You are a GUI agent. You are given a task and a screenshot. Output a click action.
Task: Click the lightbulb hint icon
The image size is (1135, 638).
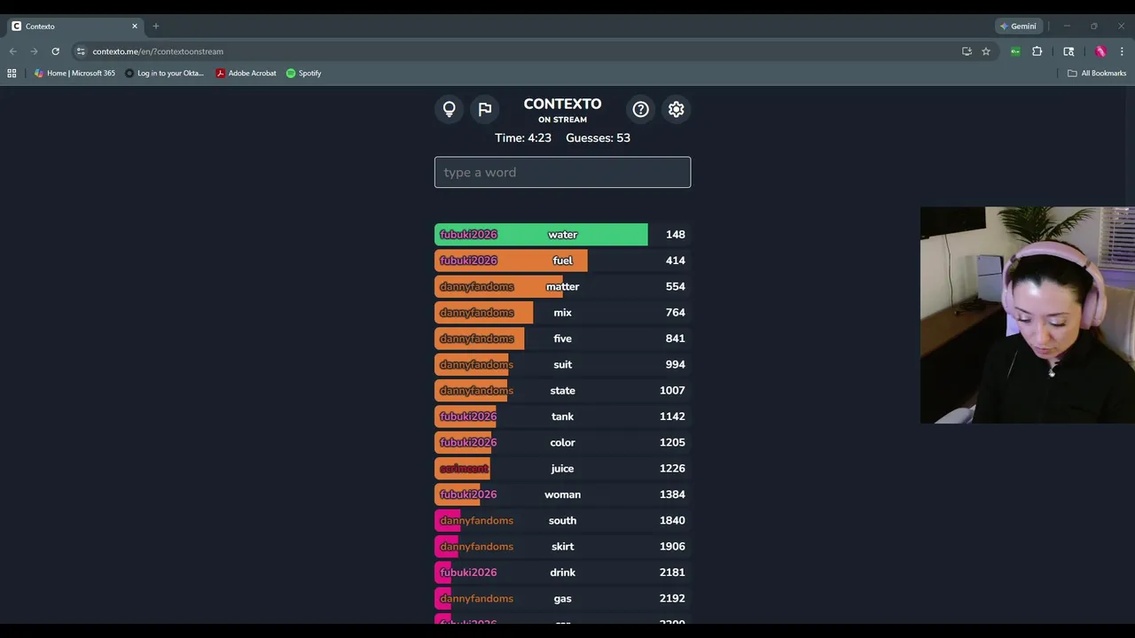[450, 109]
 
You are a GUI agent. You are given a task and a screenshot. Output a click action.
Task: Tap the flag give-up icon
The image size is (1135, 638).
[485, 109]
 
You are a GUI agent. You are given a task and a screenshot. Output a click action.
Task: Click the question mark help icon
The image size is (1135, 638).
[640, 109]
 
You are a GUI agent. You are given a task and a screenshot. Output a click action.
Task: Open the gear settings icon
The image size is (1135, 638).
[677, 109]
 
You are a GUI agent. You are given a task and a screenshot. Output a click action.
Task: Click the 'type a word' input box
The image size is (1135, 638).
[562, 172]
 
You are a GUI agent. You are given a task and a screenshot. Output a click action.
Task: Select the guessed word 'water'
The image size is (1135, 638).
[562, 235]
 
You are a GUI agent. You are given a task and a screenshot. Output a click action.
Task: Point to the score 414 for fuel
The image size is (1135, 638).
[675, 261]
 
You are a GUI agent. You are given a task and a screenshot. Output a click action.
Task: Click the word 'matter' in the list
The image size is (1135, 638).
[562, 286]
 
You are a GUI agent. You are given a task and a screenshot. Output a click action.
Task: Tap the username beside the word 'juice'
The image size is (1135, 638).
[464, 469]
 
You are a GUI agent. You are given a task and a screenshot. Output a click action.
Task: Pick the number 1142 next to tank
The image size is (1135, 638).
[672, 416]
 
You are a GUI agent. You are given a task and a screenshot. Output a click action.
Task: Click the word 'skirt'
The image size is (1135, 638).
[562, 547]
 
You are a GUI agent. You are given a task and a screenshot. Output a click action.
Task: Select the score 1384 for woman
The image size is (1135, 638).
[672, 494]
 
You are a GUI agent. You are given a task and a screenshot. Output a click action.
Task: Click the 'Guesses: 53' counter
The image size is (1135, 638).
[598, 138]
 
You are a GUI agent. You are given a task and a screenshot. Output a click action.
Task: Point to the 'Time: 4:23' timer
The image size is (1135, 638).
[523, 138]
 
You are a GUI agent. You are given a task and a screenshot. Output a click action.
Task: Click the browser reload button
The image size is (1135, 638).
[55, 51]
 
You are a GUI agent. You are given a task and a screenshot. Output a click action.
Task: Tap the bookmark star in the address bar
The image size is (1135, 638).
[986, 51]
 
